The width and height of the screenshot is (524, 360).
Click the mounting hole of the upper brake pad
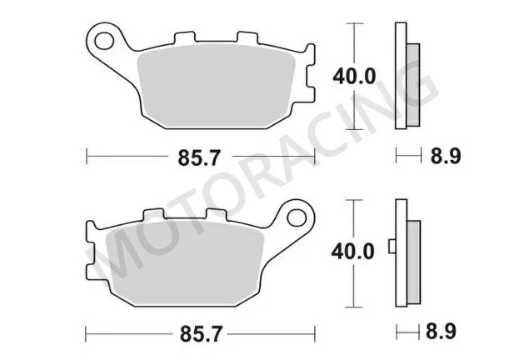click(x=106, y=38)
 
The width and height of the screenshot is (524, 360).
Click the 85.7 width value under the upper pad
click(x=199, y=155)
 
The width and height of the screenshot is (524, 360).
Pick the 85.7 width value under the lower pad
click(x=199, y=332)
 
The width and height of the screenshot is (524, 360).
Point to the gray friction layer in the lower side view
click(x=413, y=258)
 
